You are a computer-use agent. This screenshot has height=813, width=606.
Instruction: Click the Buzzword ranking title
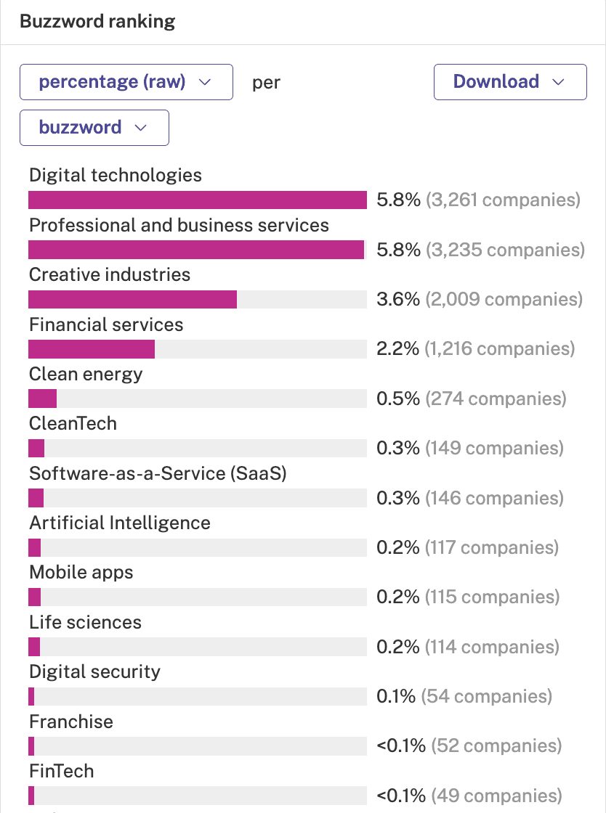(97, 22)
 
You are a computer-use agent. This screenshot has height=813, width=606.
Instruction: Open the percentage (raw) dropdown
(126, 82)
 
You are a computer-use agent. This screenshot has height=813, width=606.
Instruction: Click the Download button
(510, 82)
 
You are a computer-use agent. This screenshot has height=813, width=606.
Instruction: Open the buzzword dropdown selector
(94, 128)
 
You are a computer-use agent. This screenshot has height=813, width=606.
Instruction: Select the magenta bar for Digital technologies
(198, 200)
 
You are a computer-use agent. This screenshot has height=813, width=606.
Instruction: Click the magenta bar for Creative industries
(133, 300)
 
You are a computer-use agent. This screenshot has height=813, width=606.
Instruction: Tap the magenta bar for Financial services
(92, 349)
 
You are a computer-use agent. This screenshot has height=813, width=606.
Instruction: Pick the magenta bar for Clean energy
(43, 399)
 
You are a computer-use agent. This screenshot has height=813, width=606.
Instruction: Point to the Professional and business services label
(179, 226)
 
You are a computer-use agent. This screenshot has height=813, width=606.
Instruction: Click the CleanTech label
(73, 424)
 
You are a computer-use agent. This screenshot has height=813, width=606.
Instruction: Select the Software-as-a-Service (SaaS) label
(158, 473)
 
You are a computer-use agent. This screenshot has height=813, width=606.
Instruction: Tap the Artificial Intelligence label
(120, 523)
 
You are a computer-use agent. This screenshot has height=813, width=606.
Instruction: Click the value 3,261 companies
(503, 200)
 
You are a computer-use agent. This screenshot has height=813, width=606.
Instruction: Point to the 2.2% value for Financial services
(397, 349)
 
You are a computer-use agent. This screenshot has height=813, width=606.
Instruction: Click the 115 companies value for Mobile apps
(493, 597)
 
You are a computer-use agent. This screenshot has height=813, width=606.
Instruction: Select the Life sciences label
(85, 622)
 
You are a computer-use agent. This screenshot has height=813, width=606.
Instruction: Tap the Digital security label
(95, 672)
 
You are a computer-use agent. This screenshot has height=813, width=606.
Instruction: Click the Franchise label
(71, 722)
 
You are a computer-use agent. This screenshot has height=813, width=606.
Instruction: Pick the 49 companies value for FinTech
(496, 796)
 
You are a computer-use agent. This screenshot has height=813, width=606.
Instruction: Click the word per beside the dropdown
(266, 83)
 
